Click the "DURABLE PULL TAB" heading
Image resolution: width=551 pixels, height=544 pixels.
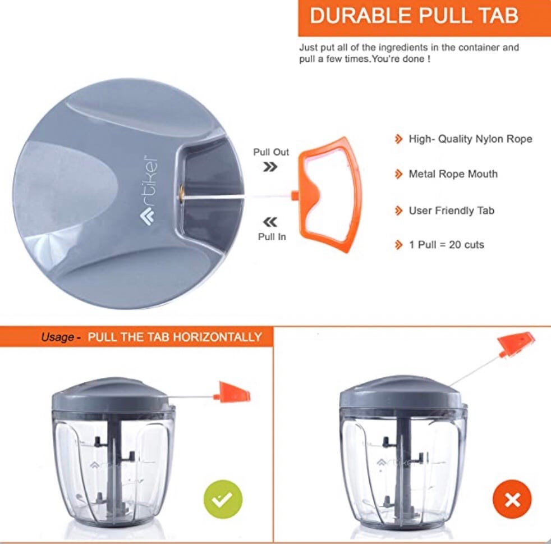pyautogui.click(x=414, y=16)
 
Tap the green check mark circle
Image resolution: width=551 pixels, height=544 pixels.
pyautogui.click(x=223, y=498)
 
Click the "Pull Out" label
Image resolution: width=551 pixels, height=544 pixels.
pyautogui.click(x=271, y=152)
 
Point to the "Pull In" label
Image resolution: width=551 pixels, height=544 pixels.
pyautogui.click(x=272, y=236)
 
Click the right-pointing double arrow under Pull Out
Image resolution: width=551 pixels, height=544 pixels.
pyautogui.click(x=270, y=167)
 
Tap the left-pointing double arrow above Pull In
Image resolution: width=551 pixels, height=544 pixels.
pyautogui.click(x=270, y=222)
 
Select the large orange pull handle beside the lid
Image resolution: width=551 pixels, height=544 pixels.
pyautogui.click(x=330, y=194)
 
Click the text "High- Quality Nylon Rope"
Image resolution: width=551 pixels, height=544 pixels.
pyautogui.click(x=470, y=139)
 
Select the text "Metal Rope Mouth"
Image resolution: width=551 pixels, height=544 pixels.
pyautogui.click(x=452, y=174)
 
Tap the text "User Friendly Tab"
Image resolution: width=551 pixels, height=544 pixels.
pyautogui.click(x=451, y=211)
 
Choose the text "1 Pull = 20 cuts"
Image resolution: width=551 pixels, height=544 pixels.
pyautogui.click(x=446, y=245)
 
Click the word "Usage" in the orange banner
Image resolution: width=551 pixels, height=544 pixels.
pyautogui.click(x=58, y=337)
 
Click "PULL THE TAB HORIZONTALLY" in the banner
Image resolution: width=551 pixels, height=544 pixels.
pyautogui.click(x=175, y=337)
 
